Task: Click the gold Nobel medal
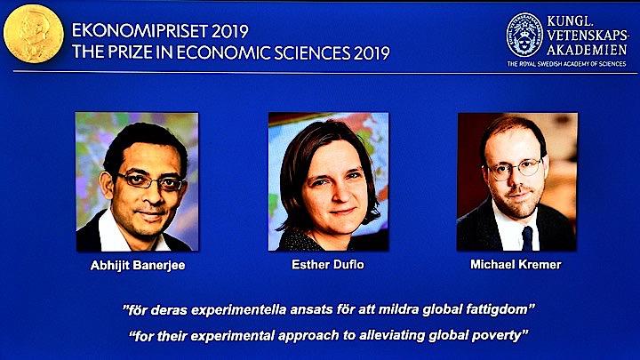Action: pyautogui.click(x=32, y=34)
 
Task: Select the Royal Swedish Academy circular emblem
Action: pyautogui.click(x=524, y=35)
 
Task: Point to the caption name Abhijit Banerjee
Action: pyautogui.click(x=137, y=266)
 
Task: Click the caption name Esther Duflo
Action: pyautogui.click(x=328, y=266)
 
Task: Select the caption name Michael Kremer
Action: pyautogui.click(x=517, y=266)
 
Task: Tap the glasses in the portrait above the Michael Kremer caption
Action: pyautogui.click(x=516, y=166)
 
